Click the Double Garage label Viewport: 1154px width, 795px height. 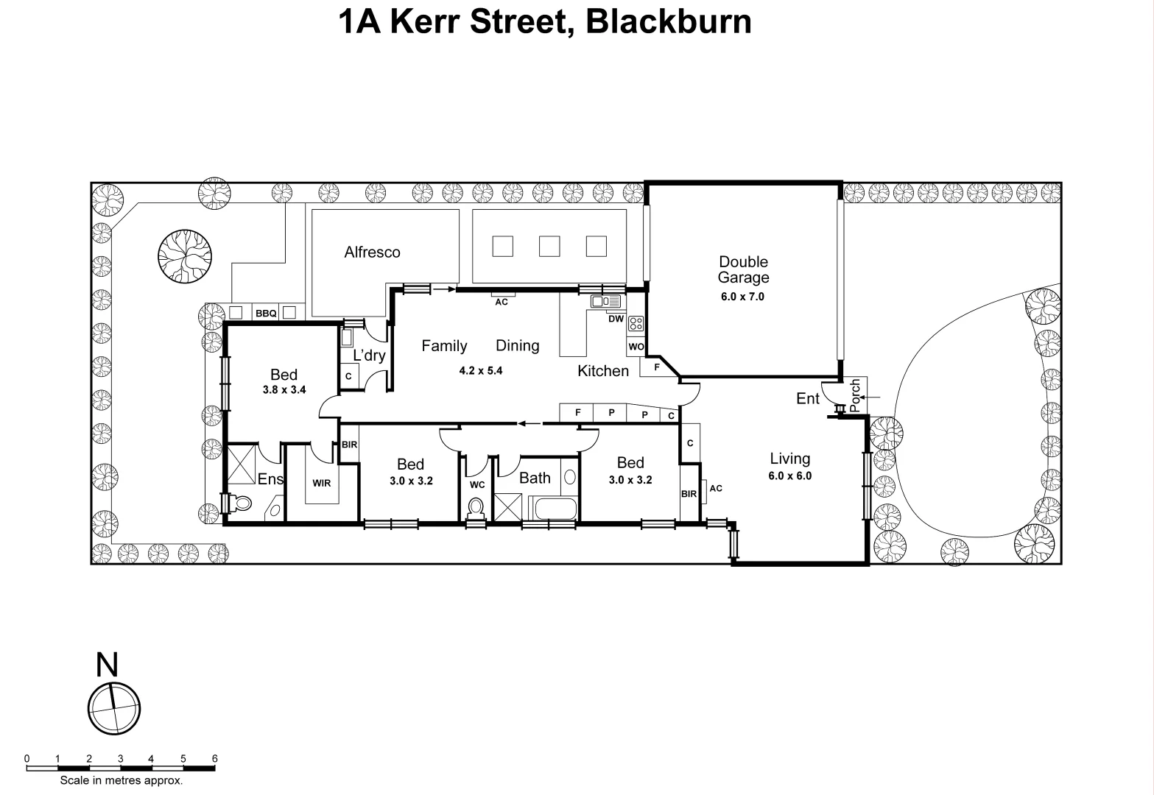[x=743, y=269]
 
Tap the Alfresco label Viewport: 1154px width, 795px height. [x=372, y=252]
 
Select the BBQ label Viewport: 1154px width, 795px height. [x=266, y=314]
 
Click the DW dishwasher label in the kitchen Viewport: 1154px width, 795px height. [x=616, y=319]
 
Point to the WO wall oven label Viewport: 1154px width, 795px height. [x=636, y=347]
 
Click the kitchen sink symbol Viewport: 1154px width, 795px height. [x=605, y=301]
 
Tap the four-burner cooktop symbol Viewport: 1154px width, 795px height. [x=636, y=323]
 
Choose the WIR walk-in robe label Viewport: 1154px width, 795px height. [x=321, y=484]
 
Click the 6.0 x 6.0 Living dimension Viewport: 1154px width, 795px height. [x=789, y=476]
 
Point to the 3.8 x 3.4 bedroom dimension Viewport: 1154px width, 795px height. [x=284, y=390]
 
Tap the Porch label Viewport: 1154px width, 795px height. [x=854, y=396]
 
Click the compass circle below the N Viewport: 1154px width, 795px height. [x=114, y=709]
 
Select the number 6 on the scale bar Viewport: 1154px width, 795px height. [x=214, y=758]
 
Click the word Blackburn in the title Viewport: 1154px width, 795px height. [x=669, y=21]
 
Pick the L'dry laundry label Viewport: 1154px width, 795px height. [x=369, y=356]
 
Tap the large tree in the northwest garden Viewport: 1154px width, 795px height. [x=185, y=255]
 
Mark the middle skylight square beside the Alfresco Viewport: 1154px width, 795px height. [x=549, y=246]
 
